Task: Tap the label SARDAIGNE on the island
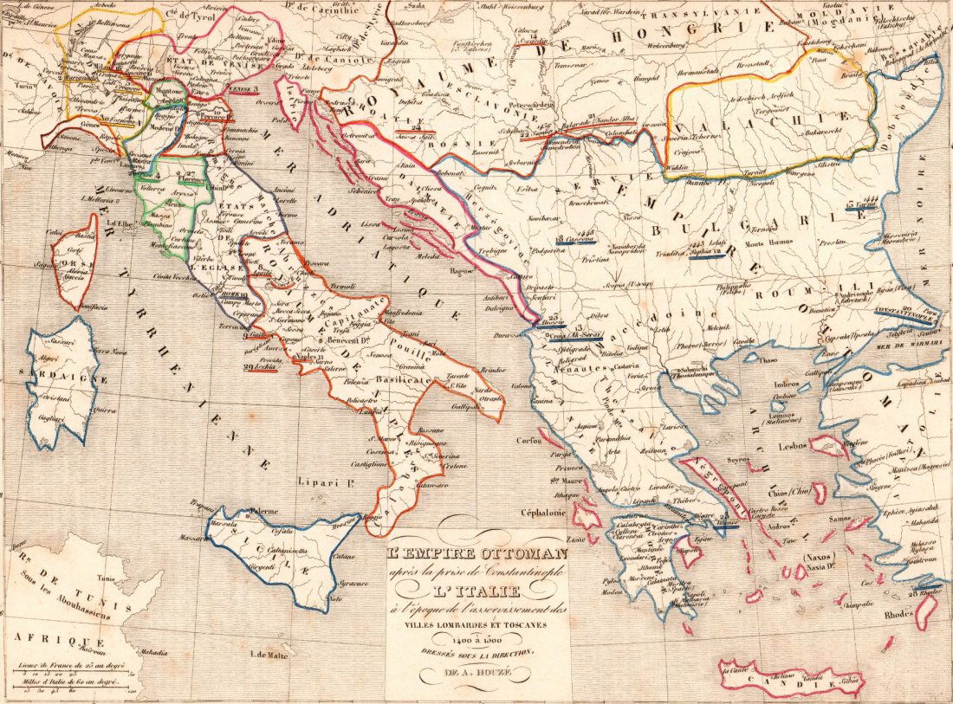click(59, 378)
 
